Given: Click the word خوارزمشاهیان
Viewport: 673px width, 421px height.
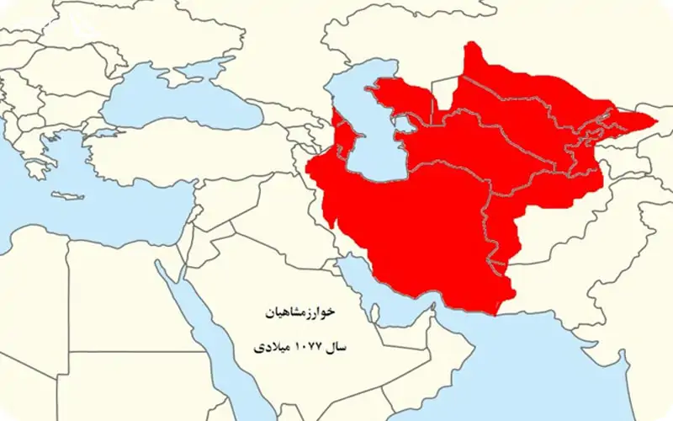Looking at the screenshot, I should point(300,312).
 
